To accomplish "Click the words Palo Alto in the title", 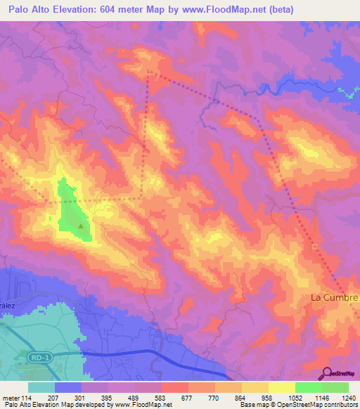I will click(x=27, y=10).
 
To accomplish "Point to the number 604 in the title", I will click(x=117, y=10).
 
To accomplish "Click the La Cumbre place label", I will click(x=335, y=298).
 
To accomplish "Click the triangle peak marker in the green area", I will click(x=82, y=226).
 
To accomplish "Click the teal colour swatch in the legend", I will click(x=41, y=387).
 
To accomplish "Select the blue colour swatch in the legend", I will click(x=68, y=387).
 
